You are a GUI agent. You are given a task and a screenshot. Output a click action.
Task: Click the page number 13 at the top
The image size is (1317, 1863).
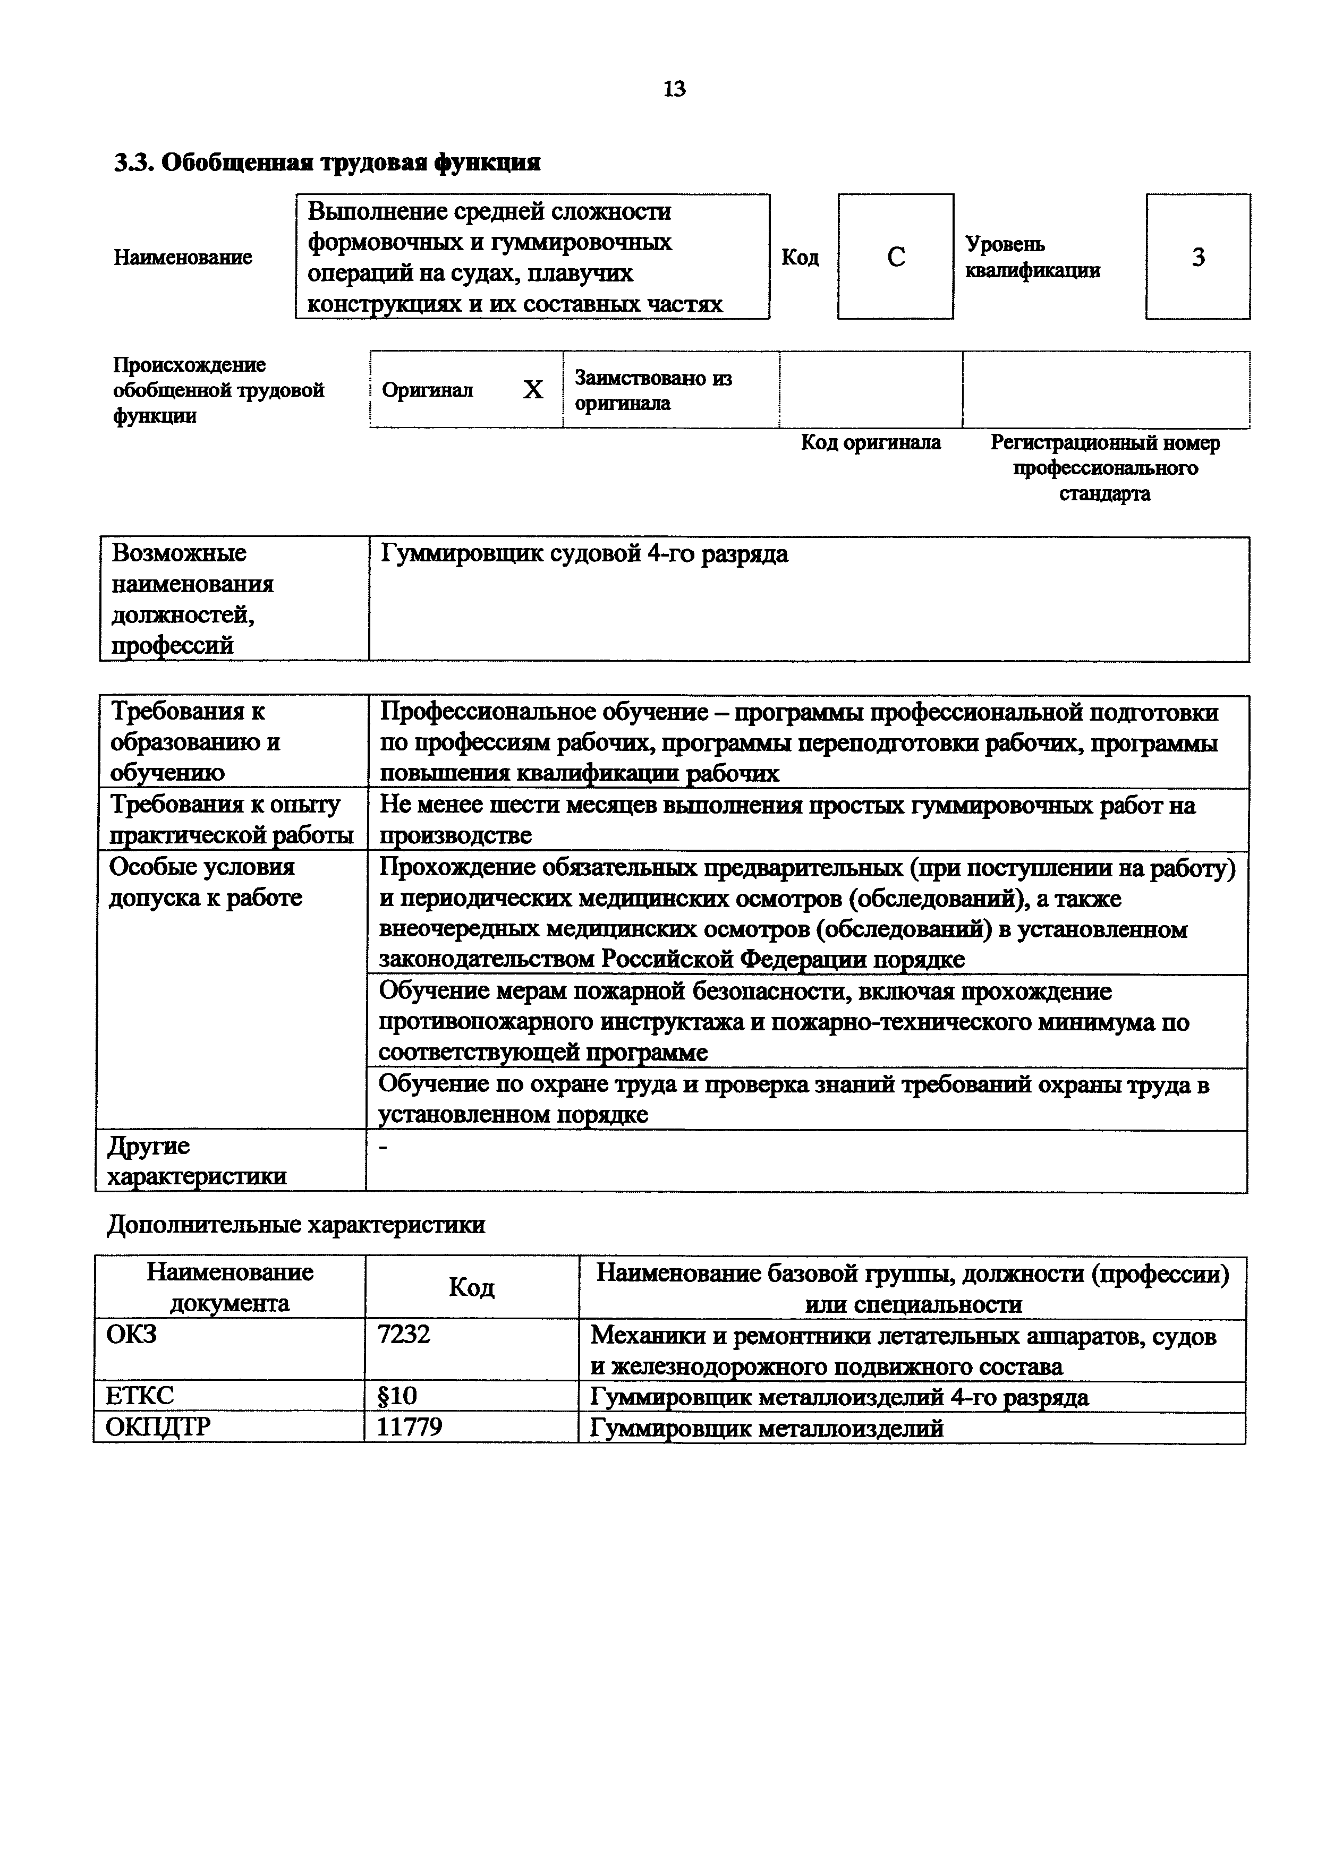[x=674, y=89]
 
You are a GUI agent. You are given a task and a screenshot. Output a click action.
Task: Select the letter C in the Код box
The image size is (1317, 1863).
[x=895, y=257]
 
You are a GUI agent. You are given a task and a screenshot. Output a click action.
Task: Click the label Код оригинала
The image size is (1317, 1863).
[x=871, y=443]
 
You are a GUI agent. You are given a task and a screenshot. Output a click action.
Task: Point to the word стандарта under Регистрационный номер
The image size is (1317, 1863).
[x=1104, y=494]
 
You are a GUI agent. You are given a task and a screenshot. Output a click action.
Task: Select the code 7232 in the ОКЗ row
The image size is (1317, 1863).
[x=404, y=1335]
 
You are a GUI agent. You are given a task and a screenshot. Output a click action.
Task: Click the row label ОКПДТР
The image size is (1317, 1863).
[x=158, y=1428]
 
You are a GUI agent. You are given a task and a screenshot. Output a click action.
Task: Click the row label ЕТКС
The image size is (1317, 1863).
[x=140, y=1396]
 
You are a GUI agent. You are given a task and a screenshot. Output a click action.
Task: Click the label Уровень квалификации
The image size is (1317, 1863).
[x=1032, y=257]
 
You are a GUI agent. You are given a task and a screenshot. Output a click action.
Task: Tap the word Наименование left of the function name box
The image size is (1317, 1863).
[x=183, y=258]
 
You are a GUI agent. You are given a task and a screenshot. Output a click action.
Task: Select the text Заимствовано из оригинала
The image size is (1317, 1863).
[x=653, y=391]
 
